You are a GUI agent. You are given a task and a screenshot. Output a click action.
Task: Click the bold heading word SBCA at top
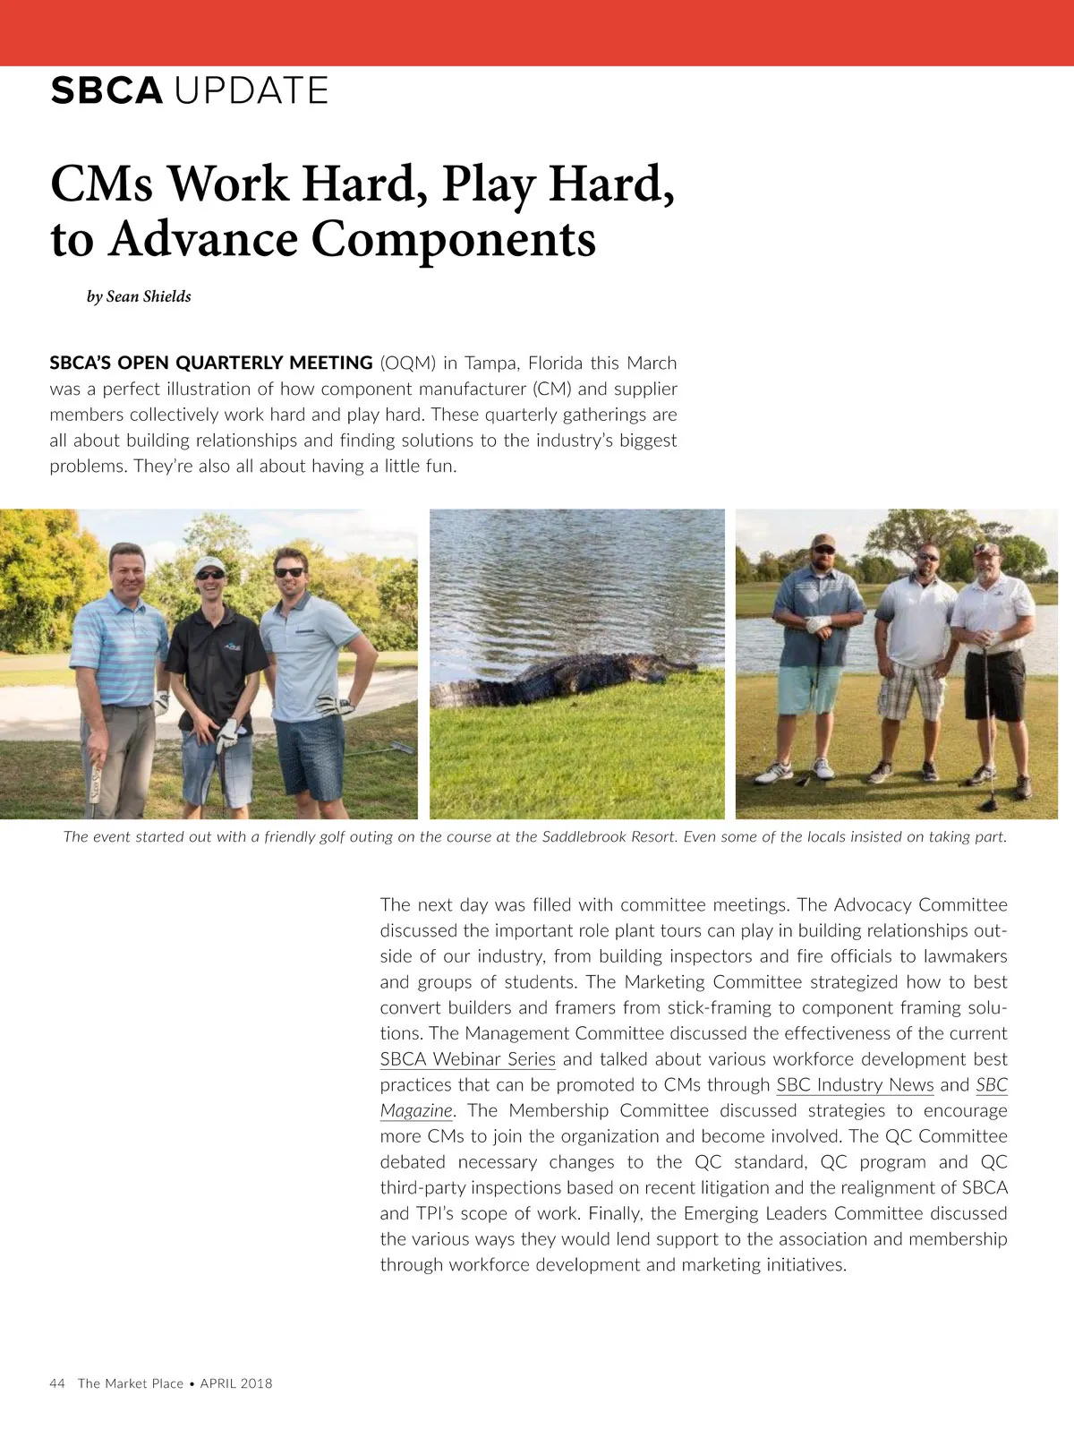click(x=107, y=90)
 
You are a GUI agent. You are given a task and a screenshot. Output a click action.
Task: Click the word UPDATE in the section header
click(x=251, y=90)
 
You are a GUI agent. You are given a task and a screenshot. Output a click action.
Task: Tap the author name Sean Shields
click(x=149, y=296)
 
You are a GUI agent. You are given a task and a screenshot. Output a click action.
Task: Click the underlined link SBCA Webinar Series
click(x=467, y=1059)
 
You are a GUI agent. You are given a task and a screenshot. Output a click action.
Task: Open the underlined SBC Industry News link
click(x=855, y=1085)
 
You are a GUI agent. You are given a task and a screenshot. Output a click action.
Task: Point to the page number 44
click(x=57, y=1383)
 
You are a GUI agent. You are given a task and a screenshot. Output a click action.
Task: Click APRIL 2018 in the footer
click(x=236, y=1383)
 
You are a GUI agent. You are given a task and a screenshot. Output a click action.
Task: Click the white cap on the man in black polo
click(x=210, y=565)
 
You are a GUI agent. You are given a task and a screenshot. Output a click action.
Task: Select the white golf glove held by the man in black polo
click(x=227, y=733)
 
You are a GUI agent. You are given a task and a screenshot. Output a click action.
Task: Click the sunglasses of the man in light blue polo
click(x=288, y=572)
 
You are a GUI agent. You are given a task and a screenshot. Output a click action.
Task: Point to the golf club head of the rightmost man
click(x=988, y=803)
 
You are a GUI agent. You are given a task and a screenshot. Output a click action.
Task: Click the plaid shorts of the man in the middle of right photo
click(x=911, y=689)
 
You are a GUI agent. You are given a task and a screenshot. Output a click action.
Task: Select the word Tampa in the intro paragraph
click(x=491, y=363)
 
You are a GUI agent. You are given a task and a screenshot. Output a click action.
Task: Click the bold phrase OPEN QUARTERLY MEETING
click(x=245, y=363)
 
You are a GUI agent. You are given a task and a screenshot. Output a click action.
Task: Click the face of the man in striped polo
click(x=126, y=572)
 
